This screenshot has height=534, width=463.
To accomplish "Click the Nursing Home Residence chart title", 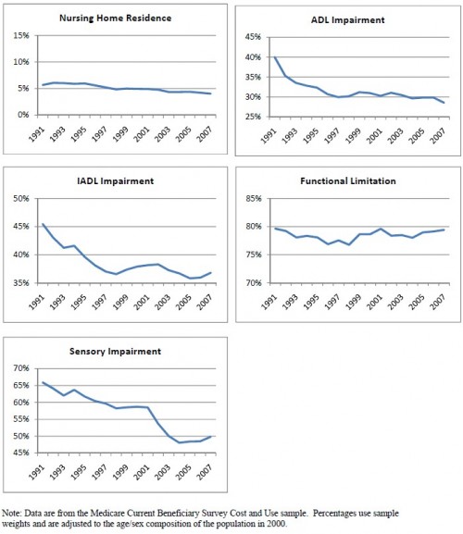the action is pyautogui.click(x=115, y=19).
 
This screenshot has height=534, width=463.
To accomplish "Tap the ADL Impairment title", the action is pyautogui.click(x=348, y=20).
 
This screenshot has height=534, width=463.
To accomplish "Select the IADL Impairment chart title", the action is pyautogui.click(x=115, y=180).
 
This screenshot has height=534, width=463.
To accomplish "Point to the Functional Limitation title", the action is pyautogui.click(x=348, y=180).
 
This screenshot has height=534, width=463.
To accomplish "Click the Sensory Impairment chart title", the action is pyautogui.click(x=115, y=351).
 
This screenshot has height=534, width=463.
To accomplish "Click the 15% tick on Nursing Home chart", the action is pyautogui.click(x=21, y=35).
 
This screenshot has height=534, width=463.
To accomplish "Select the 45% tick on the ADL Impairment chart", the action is pyautogui.click(x=253, y=37).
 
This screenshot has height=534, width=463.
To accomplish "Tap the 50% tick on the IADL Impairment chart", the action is pyautogui.click(x=21, y=198).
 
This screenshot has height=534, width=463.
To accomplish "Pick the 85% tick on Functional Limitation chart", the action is pyautogui.click(x=254, y=198).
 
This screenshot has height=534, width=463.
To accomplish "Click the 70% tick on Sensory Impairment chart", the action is pyautogui.click(x=21, y=368).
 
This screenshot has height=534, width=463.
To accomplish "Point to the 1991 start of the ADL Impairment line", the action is pyautogui.click(x=275, y=56).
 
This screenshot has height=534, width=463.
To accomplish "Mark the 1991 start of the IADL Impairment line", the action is pyautogui.click(x=43, y=224).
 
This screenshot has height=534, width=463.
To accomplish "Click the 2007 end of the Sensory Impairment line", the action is pyautogui.click(x=211, y=436).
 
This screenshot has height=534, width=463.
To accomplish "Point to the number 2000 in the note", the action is pyautogui.click(x=276, y=524).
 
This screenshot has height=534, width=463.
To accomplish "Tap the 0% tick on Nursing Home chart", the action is pyautogui.click(x=23, y=115).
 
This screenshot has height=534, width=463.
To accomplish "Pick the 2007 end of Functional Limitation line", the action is pyautogui.click(x=444, y=230).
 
